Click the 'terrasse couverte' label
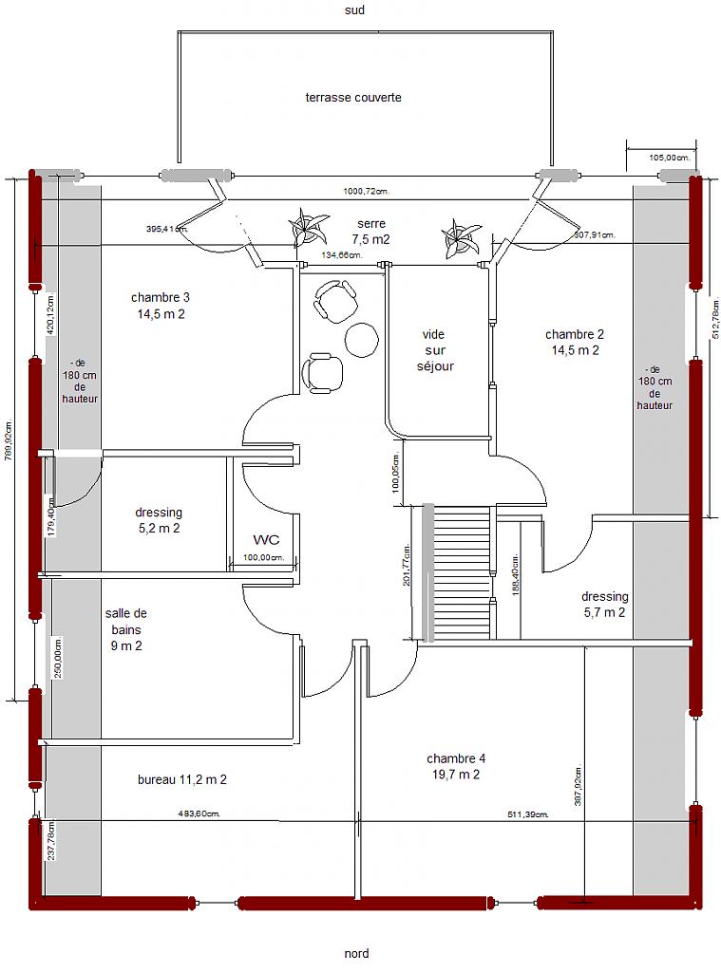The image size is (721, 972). (x=353, y=98)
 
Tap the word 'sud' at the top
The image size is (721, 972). (x=354, y=9)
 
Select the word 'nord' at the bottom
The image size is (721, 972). (x=356, y=953)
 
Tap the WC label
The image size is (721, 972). (x=266, y=539)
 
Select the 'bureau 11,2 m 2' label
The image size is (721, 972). (x=181, y=779)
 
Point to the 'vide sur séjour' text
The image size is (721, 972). (x=435, y=350)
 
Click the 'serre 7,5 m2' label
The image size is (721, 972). (x=371, y=232)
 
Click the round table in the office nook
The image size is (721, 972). (x=361, y=339)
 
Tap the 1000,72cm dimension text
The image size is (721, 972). (x=366, y=192)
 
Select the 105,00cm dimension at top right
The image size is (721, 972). (x=670, y=158)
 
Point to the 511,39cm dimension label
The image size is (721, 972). (x=528, y=814)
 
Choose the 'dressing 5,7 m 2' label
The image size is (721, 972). (x=604, y=605)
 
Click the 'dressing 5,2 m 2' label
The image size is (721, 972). (x=159, y=520)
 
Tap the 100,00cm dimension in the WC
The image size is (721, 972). (x=264, y=557)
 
